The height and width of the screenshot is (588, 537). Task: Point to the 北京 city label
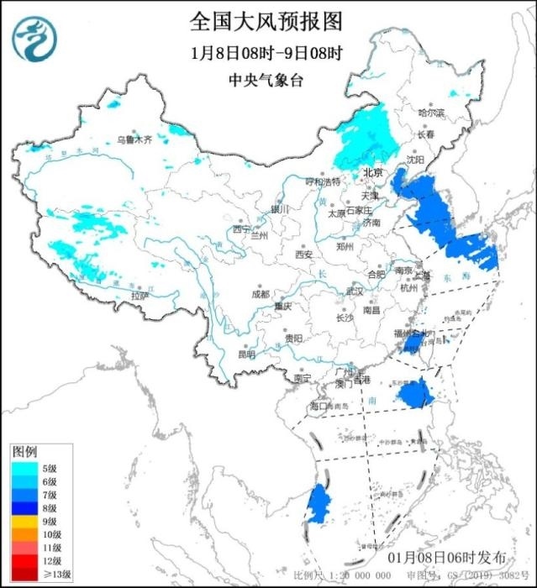tap(372, 172)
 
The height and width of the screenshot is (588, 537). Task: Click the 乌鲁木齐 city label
tap(134, 140)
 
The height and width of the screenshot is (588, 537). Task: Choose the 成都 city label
tap(261, 294)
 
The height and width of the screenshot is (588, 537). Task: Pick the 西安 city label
tap(303, 254)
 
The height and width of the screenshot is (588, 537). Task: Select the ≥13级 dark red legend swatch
tap(23, 575)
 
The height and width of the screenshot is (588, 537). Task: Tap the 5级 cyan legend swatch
tap(23, 467)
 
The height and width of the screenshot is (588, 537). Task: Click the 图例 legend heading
tap(24, 452)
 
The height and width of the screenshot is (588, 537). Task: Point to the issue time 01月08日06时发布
tap(447, 558)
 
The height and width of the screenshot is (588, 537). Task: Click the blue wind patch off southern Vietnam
tap(317, 504)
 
